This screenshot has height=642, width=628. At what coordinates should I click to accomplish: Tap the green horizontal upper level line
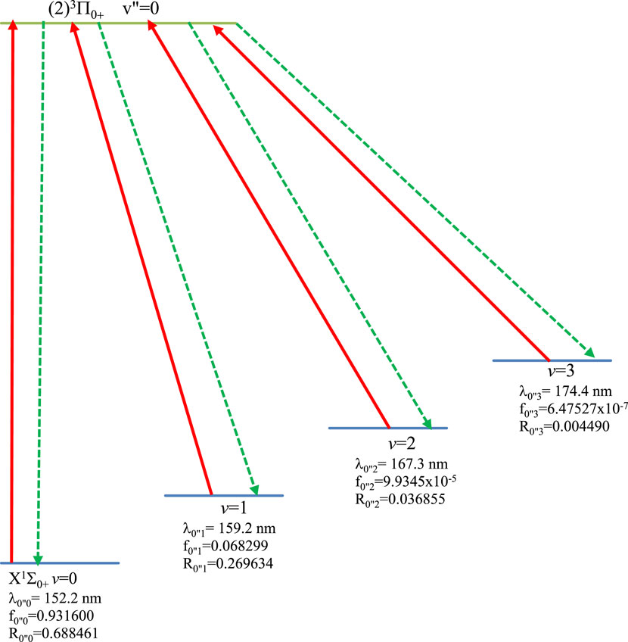point(121,23)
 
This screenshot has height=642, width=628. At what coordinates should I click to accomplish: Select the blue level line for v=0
point(61,563)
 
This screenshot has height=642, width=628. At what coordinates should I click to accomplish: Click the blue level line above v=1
point(224,496)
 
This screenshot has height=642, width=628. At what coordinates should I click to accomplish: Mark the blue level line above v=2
point(388,429)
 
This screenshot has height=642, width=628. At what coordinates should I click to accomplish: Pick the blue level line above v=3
point(552,360)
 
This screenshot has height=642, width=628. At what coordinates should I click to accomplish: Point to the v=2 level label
point(388,442)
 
